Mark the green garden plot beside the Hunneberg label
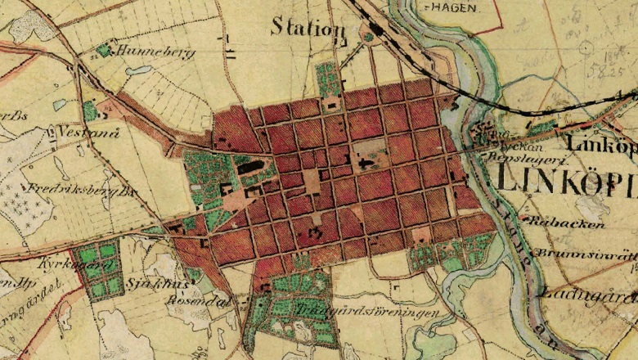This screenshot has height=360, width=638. tap(103, 51)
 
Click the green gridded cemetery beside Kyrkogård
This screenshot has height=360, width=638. tap(97, 266)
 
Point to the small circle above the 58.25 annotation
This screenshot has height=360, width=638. tap(586, 48)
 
